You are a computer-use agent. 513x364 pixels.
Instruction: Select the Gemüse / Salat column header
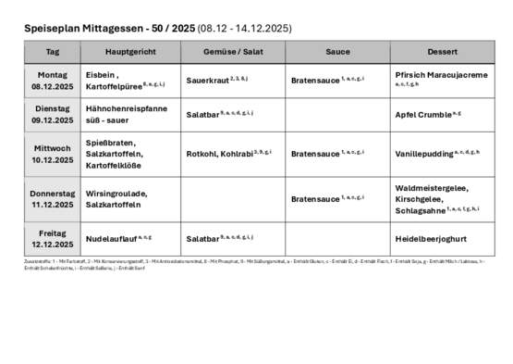click(233, 52)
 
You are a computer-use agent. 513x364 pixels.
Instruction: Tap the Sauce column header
click(337, 52)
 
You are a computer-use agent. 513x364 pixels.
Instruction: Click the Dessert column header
click(442, 52)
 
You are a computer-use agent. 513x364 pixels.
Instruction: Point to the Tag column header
click(53, 52)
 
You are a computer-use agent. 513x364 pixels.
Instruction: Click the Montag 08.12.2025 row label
click(53, 80)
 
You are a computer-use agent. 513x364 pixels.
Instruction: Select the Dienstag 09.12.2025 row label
click(53, 114)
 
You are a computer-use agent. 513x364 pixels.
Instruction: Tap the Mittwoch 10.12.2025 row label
click(53, 153)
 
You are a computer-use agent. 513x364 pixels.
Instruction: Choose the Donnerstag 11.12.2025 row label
click(53, 198)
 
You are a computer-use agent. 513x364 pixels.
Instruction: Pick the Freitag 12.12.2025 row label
click(53, 239)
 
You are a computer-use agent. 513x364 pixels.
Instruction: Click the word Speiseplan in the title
click(52, 29)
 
